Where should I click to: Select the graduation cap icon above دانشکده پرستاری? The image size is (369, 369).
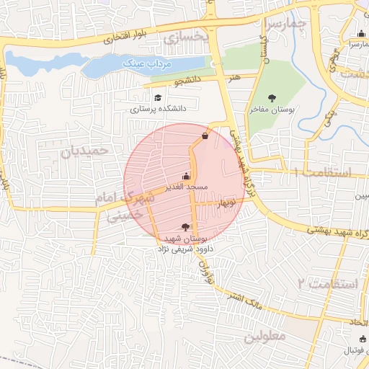[x=157, y=97]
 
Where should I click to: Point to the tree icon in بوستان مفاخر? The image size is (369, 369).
[x=272, y=98]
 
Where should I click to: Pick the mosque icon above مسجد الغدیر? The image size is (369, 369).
[x=187, y=176]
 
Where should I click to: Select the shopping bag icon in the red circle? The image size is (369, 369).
[x=205, y=135]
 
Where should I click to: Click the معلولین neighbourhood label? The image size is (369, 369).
[x=264, y=337]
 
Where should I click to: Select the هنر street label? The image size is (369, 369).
[x=232, y=75]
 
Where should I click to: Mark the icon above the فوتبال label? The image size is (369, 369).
[x=361, y=339]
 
